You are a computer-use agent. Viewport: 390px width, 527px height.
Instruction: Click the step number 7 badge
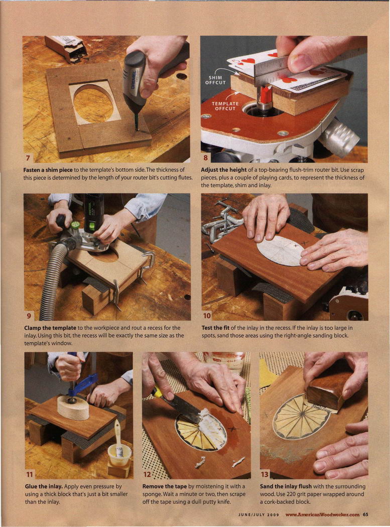(28, 158)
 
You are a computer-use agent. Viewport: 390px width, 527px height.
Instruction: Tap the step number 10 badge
(207, 316)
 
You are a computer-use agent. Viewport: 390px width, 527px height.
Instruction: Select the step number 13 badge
(265, 474)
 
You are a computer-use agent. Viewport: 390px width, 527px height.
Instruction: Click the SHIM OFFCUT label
(215, 80)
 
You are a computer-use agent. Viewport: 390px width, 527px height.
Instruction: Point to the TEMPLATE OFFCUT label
(225, 106)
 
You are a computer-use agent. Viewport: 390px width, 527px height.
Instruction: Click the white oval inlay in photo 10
(281, 250)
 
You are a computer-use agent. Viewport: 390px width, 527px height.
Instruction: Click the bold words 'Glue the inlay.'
(44, 486)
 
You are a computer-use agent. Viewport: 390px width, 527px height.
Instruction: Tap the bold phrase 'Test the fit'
(215, 328)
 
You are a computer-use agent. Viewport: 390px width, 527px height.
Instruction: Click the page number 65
(365, 514)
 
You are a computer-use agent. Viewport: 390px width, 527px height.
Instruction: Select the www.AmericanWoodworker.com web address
(322, 514)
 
